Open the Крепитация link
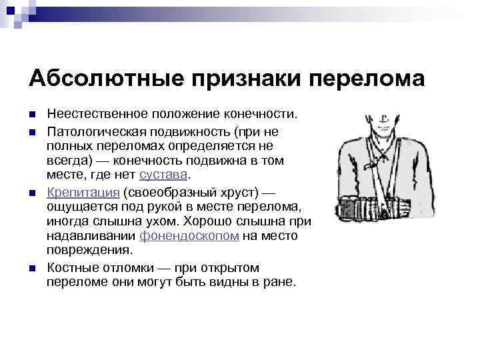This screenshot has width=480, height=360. point(83,192)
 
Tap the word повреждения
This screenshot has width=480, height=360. point(89,251)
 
